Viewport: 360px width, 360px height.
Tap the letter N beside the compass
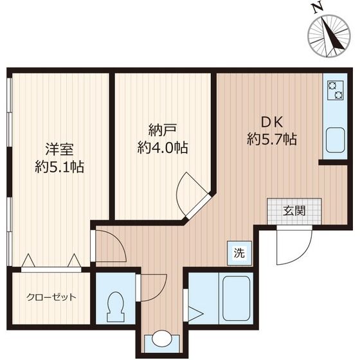(x=315, y=8)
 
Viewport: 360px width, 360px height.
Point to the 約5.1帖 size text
(x=59, y=167)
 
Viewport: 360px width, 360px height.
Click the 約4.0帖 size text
(x=163, y=147)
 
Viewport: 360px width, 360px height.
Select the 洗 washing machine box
(x=238, y=253)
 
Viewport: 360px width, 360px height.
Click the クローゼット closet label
(x=51, y=297)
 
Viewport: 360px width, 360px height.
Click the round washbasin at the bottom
(x=161, y=341)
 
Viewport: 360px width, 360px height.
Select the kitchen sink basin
(x=334, y=140)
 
